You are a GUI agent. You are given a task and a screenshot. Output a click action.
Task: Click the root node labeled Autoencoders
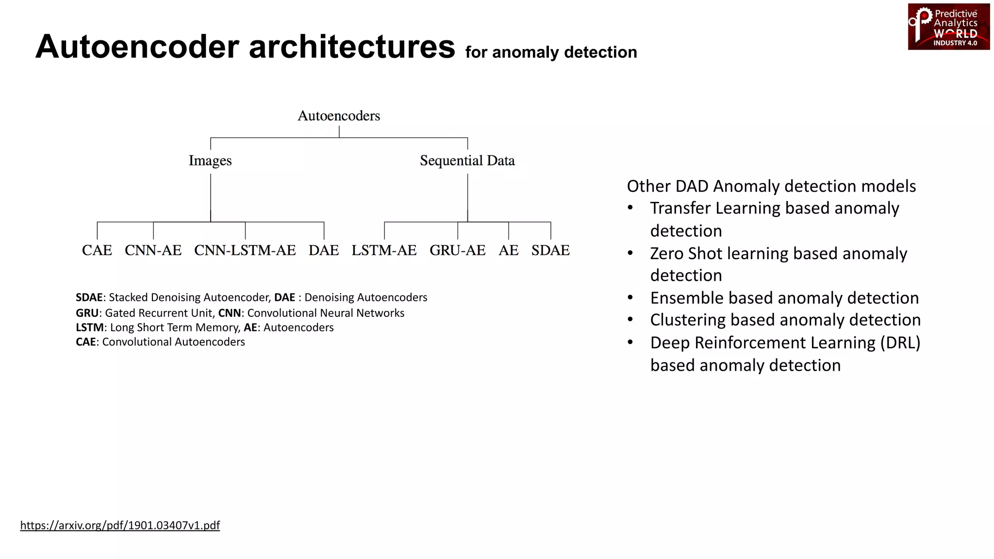click(x=339, y=116)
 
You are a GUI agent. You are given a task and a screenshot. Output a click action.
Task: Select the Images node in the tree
click(x=210, y=161)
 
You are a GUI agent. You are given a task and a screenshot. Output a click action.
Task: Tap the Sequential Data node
click(x=467, y=161)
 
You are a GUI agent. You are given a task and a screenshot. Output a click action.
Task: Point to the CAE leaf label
click(x=97, y=250)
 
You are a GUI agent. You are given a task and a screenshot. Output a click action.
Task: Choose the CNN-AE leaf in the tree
click(x=153, y=250)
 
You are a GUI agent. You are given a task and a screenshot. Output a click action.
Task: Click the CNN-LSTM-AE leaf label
click(x=245, y=250)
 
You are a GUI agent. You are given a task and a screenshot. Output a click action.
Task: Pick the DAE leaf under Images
click(x=324, y=250)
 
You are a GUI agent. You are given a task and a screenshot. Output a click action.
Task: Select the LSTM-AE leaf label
click(x=384, y=250)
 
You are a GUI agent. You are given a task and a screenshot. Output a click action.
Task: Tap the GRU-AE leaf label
click(x=457, y=250)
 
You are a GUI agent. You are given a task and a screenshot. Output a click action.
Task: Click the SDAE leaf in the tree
click(x=550, y=250)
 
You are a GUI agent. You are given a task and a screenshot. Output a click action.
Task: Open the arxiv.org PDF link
click(x=120, y=526)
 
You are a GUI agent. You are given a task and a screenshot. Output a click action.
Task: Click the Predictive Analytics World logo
click(x=948, y=27)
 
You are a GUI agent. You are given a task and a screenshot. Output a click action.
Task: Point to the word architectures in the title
click(x=352, y=47)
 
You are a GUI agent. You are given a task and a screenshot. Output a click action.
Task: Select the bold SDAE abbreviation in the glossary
click(x=89, y=297)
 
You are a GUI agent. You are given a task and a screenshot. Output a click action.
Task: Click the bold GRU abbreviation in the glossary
click(x=87, y=313)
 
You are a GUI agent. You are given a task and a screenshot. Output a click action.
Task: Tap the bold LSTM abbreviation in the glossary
click(x=90, y=328)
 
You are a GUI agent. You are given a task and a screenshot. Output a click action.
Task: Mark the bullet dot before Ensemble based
click(x=630, y=297)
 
